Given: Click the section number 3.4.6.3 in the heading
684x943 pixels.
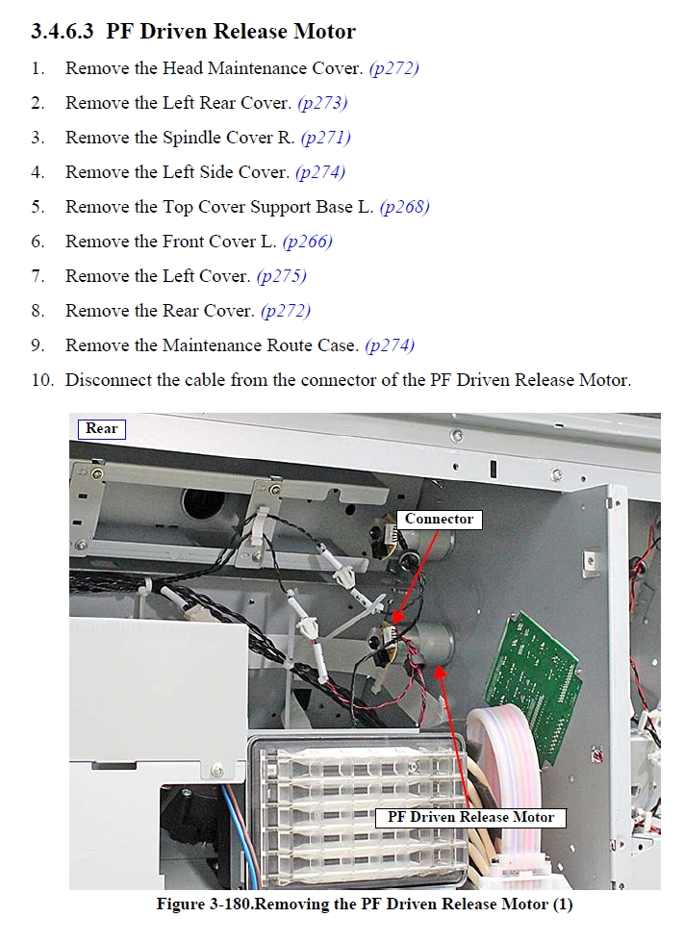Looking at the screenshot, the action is click(62, 31).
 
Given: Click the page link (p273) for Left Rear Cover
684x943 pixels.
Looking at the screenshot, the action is click(323, 104).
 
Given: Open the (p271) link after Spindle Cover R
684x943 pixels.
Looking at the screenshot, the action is click(326, 138).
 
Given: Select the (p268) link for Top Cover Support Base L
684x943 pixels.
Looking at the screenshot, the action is click(404, 207).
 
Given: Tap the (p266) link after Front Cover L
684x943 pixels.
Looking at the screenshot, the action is click(307, 242).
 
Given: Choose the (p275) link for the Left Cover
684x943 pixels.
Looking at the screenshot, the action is click(281, 277).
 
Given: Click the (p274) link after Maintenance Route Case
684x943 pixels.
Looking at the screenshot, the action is click(390, 345).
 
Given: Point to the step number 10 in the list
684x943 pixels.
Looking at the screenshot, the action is click(42, 380).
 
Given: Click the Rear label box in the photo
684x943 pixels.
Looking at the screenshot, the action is click(102, 429).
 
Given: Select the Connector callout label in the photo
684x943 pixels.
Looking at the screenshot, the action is click(440, 519).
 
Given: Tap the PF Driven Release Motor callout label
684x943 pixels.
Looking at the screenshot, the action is click(470, 817).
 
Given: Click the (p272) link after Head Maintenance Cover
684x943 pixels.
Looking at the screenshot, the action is click(393, 68).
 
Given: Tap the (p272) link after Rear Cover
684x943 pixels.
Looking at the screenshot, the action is click(286, 311).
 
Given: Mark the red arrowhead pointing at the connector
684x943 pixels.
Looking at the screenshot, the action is click(396, 618).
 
